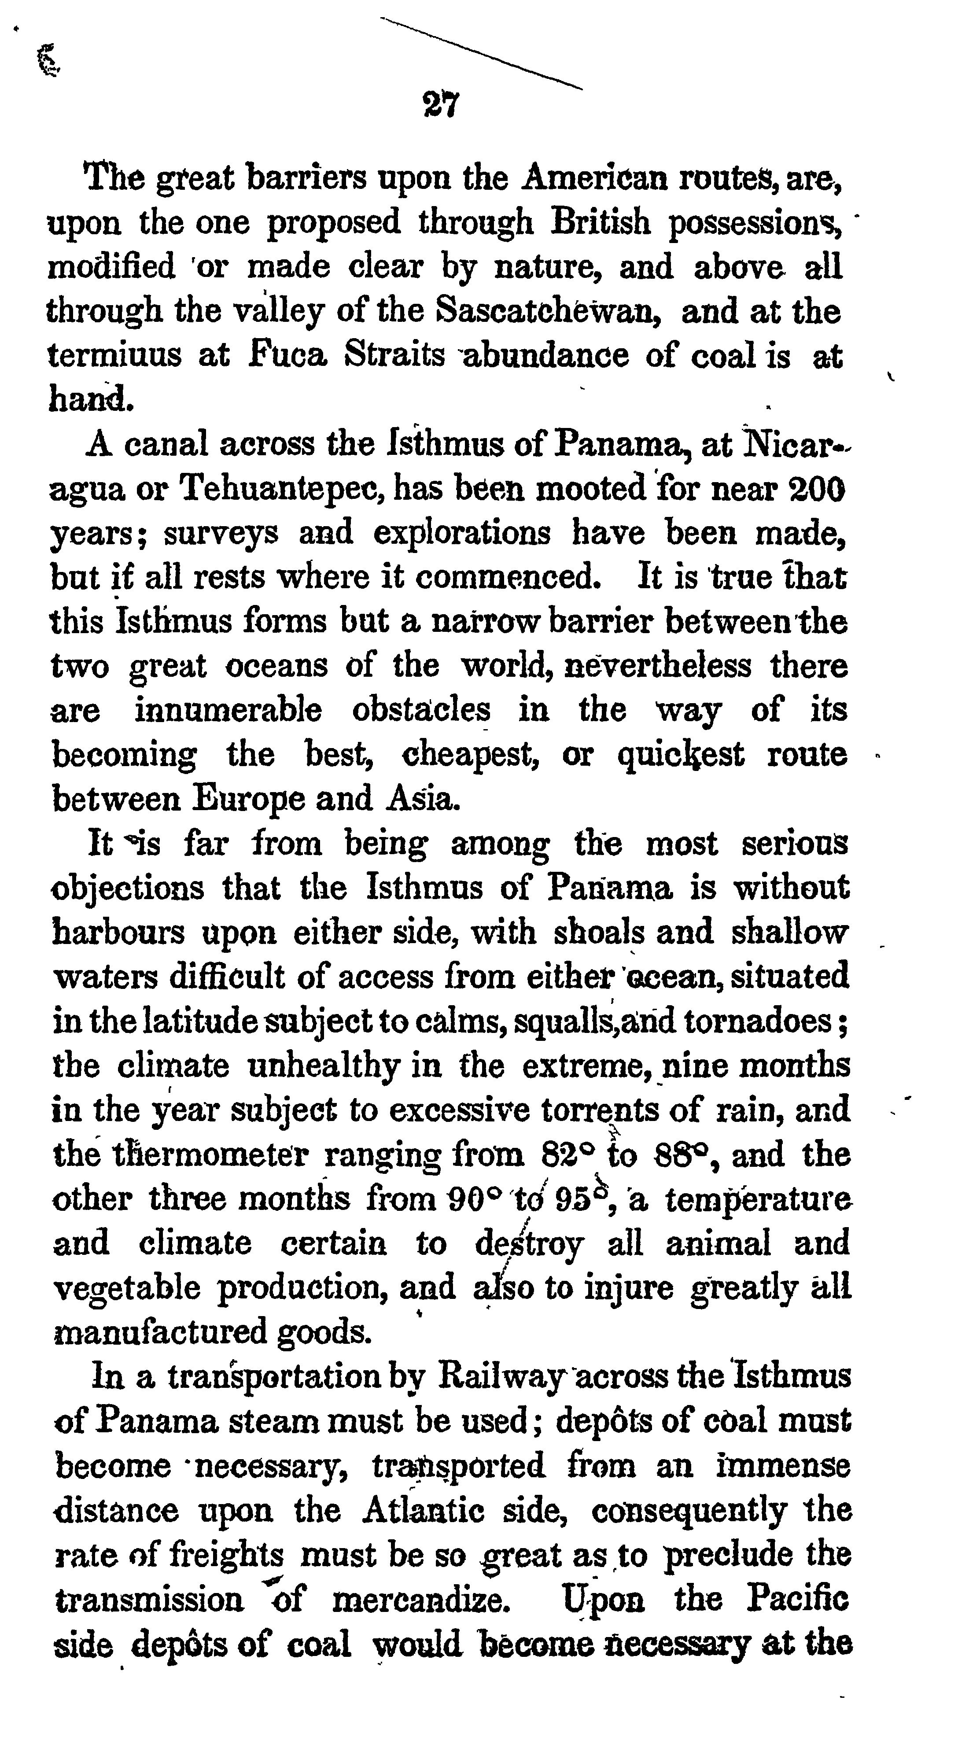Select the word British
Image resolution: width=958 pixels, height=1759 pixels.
(x=601, y=222)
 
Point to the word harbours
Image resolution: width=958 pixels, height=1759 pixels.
(x=118, y=932)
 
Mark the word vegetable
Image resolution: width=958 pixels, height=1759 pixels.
(x=126, y=1288)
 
